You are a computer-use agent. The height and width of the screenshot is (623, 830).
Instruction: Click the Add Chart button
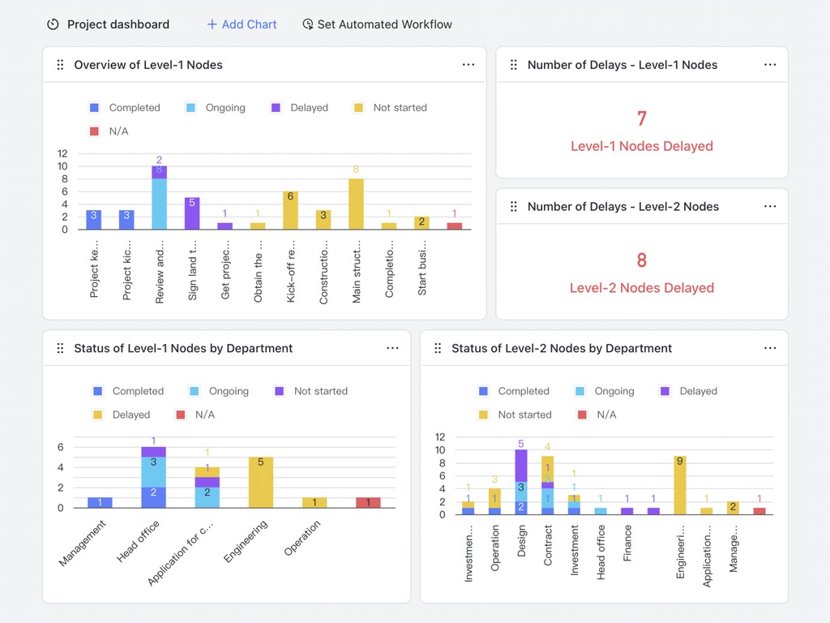(242, 24)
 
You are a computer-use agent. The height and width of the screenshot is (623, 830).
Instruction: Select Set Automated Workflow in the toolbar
(377, 24)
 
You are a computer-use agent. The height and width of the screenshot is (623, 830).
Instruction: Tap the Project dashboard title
(118, 24)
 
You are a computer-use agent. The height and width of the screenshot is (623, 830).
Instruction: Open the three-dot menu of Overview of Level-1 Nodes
(468, 65)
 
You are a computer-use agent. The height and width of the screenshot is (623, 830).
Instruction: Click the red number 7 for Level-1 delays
(641, 119)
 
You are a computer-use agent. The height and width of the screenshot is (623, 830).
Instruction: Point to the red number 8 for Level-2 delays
(641, 260)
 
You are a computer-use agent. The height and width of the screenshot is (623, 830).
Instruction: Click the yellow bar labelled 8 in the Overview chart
(356, 204)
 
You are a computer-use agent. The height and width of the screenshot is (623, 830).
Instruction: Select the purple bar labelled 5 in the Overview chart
(192, 213)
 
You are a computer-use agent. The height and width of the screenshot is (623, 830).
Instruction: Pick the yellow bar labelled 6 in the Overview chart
(290, 210)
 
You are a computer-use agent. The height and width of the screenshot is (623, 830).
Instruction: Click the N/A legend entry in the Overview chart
(109, 131)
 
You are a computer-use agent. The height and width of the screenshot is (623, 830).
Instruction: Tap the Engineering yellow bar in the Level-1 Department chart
(261, 483)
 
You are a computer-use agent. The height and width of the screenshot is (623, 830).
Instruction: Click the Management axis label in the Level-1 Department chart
(83, 543)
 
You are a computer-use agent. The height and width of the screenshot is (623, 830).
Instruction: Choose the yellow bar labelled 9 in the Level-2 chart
(680, 485)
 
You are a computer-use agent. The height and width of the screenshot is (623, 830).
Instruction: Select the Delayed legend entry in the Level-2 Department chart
(689, 391)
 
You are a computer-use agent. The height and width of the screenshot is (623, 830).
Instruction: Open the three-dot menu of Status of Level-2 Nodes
(770, 348)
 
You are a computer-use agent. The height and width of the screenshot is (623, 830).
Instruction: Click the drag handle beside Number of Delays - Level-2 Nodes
(514, 207)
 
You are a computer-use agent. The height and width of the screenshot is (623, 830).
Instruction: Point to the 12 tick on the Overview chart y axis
(62, 153)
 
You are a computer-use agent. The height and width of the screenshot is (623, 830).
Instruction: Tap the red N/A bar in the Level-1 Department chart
(368, 503)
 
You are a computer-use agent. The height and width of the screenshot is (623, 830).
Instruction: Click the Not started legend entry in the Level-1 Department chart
(311, 391)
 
